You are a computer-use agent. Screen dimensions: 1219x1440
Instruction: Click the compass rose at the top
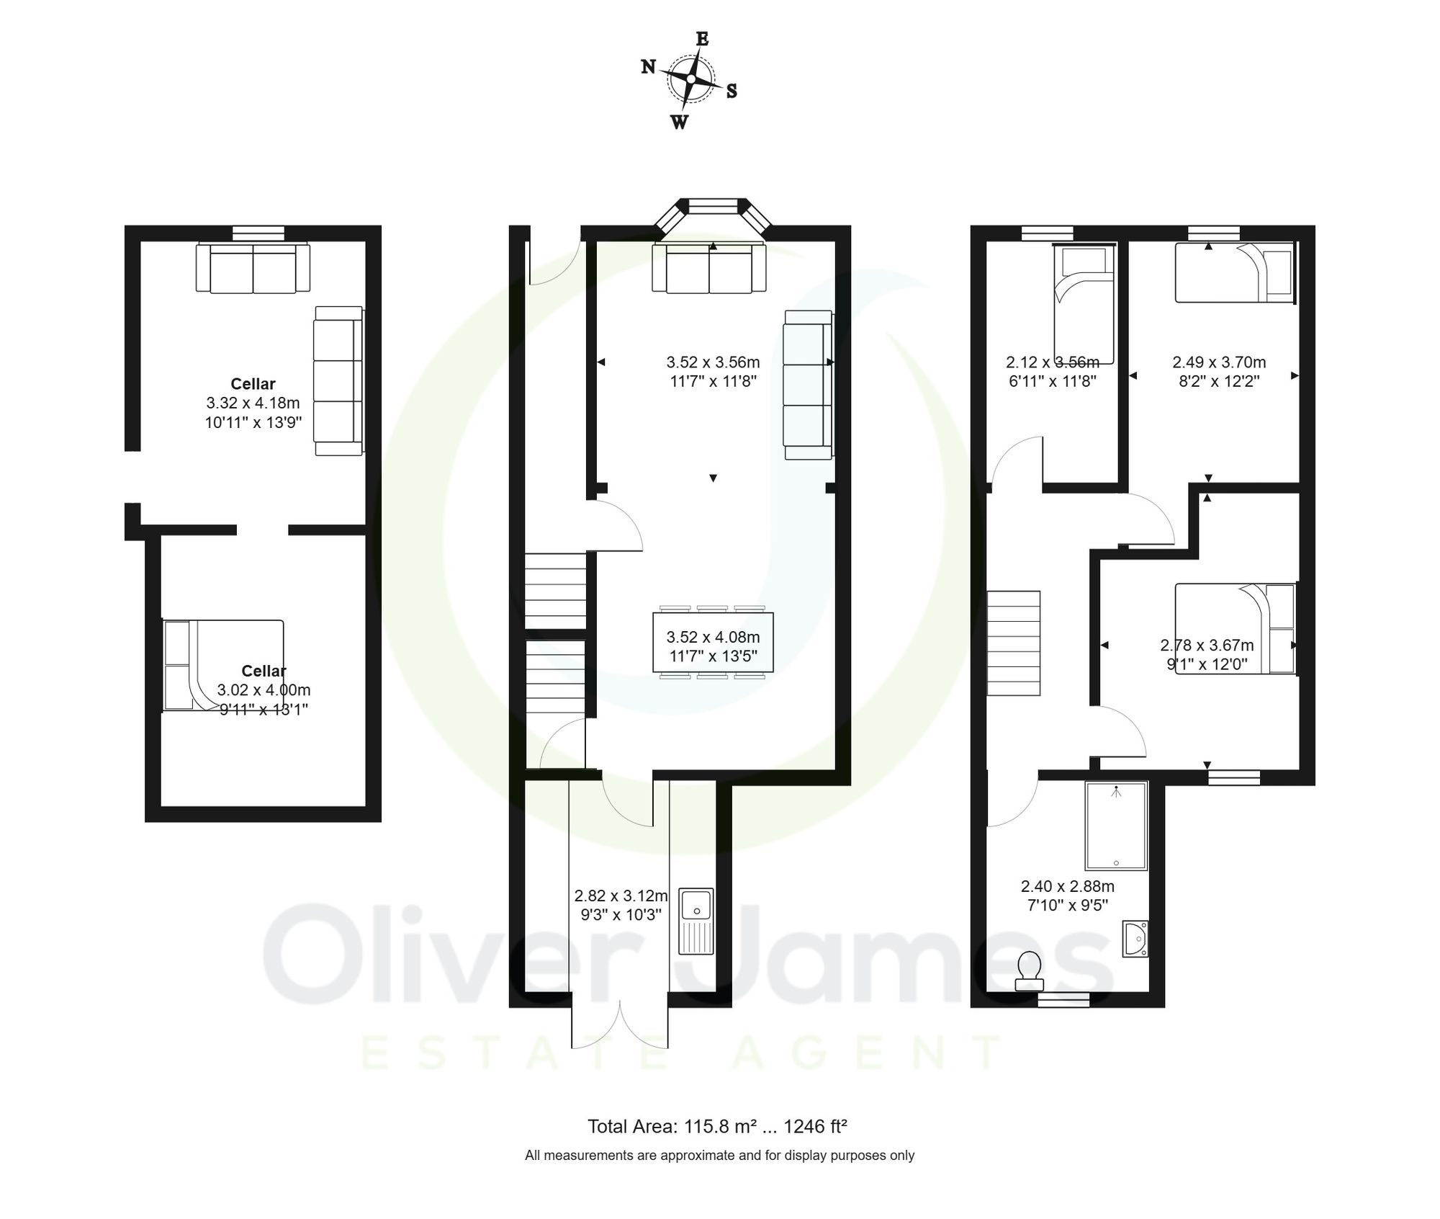click(x=690, y=79)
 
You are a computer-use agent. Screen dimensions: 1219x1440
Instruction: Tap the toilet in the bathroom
click(x=1029, y=972)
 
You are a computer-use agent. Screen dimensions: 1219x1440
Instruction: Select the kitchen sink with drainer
click(x=696, y=921)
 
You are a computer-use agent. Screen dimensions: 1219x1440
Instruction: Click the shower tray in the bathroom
click(x=1115, y=826)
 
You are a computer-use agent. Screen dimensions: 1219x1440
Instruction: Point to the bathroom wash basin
click(x=1135, y=939)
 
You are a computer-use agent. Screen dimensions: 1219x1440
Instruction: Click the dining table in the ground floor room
click(x=713, y=642)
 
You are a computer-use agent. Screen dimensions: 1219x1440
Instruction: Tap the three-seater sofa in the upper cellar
click(x=338, y=380)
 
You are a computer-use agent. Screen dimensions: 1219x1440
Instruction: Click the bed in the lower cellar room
click(x=222, y=665)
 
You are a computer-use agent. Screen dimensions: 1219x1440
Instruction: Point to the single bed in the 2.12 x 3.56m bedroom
click(x=1084, y=305)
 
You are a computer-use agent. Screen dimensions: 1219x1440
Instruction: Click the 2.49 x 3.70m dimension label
click(x=1218, y=372)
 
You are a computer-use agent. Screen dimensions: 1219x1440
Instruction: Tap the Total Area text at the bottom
click(x=717, y=1126)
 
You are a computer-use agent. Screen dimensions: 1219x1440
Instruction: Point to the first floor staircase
click(x=1013, y=643)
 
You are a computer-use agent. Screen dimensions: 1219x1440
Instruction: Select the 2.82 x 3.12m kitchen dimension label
click(x=621, y=905)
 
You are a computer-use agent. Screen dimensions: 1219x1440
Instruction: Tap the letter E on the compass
click(x=702, y=39)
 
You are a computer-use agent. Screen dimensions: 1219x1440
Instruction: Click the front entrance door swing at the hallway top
click(x=554, y=263)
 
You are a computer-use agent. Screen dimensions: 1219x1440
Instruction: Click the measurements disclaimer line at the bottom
click(x=719, y=1156)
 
